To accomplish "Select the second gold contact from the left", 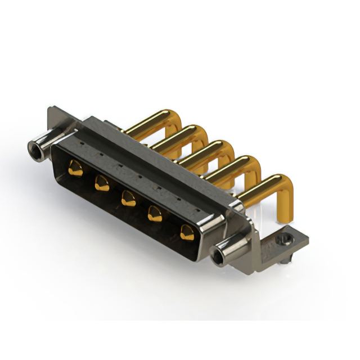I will coord(102,183).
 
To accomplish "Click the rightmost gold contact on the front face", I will coord(187,231).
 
